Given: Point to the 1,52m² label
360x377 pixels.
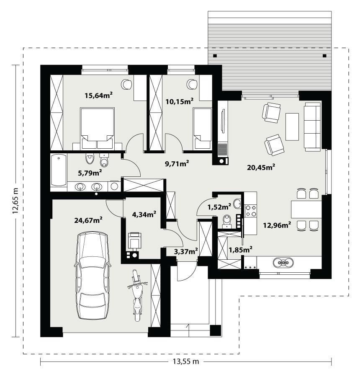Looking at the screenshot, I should click(x=219, y=206).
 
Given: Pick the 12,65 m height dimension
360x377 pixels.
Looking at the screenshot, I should click(x=16, y=201).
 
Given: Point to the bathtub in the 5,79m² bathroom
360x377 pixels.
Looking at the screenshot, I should click(x=58, y=170).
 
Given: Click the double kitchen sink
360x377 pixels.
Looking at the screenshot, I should click(x=283, y=263).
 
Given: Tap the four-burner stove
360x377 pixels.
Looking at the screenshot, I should click(x=251, y=210).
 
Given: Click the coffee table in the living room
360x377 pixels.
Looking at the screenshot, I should click(x=292, y=127).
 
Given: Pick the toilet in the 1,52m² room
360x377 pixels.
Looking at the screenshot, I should click(x=227, y=221).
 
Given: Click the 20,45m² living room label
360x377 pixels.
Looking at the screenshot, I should click(x=261, y=168).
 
